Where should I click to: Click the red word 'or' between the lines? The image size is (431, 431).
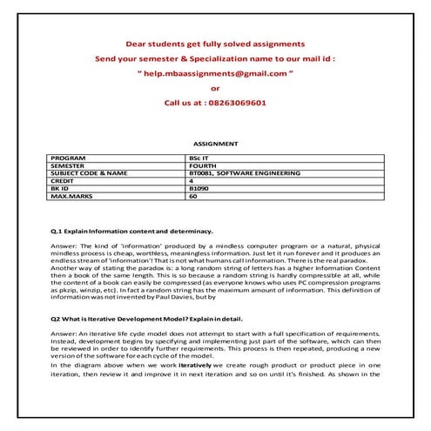coord(215,88)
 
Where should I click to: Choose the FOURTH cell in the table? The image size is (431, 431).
coord(202,166)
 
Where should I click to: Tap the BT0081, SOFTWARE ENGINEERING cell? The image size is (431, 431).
coord(245,173)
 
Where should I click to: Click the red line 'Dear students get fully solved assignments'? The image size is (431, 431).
coord(215,44)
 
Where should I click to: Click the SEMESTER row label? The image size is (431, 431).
coord(71,166)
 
